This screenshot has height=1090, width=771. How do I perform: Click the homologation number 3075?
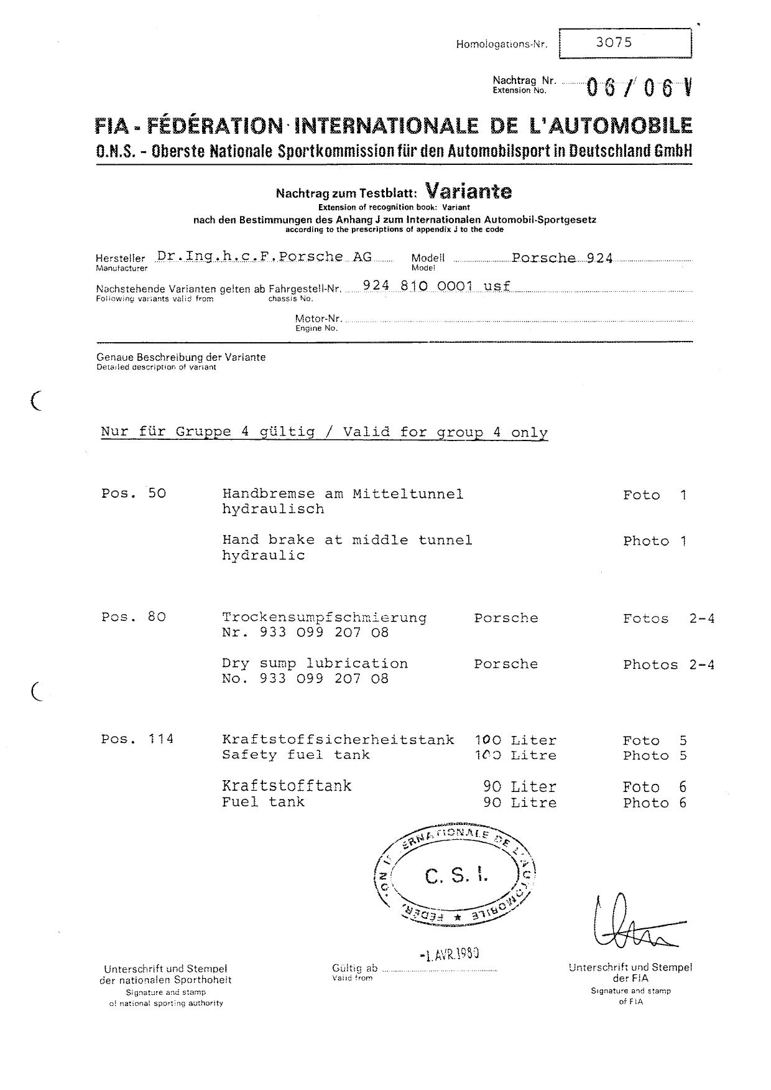click(614, 42)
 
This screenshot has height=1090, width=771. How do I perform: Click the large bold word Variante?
click(468, 190)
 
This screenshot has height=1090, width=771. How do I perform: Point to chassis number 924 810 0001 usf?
click(436, 286)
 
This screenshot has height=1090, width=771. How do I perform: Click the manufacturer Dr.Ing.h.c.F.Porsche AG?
click(264, 256)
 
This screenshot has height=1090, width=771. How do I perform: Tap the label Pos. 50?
click(134, 494)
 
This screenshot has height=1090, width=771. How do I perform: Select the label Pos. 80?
click(134, 618)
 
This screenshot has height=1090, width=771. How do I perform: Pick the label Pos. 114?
click(137, 740)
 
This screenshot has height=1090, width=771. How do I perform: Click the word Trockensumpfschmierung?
click(324, 618)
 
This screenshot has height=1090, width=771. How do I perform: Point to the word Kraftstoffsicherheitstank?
click(338, 740)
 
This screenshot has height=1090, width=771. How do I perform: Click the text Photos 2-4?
click(668, 664)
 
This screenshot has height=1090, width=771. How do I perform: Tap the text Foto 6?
click(655, 787)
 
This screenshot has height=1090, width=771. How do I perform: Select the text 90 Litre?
click(520, 803)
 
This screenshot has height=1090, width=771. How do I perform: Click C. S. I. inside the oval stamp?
click(456, 877)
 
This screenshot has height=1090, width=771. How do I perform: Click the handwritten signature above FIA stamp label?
click(628, 924)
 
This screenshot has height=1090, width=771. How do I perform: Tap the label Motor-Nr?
click(319, 319)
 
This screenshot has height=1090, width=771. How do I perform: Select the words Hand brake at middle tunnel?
click(347, 540)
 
